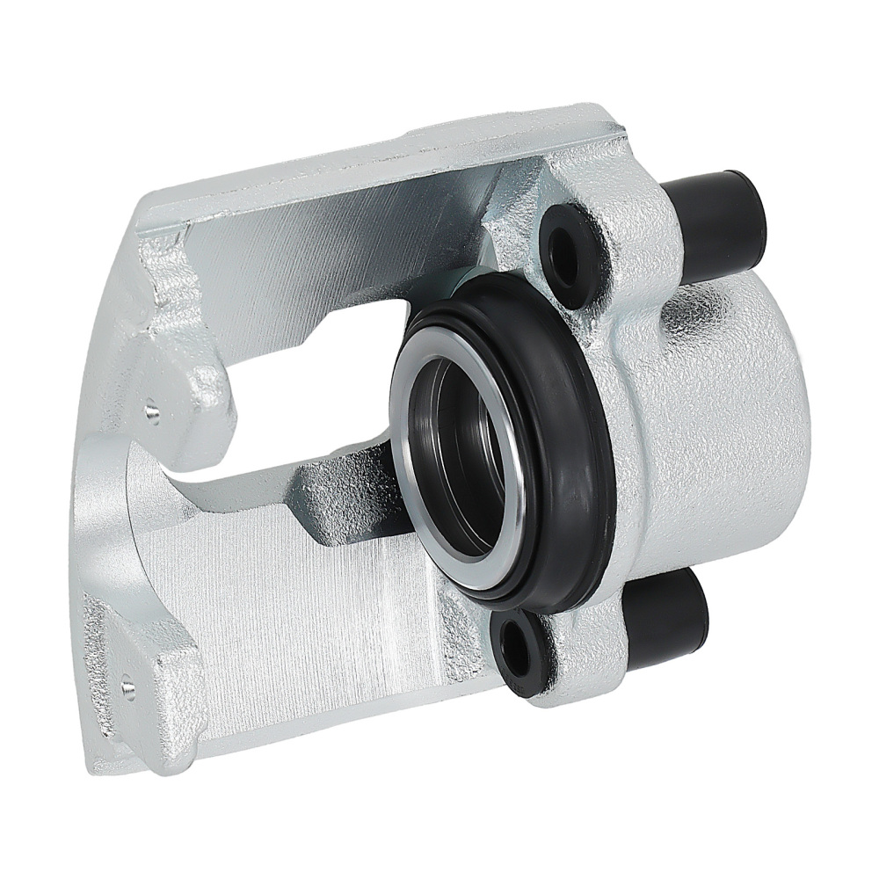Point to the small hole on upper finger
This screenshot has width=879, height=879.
click(x=153, y=410)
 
